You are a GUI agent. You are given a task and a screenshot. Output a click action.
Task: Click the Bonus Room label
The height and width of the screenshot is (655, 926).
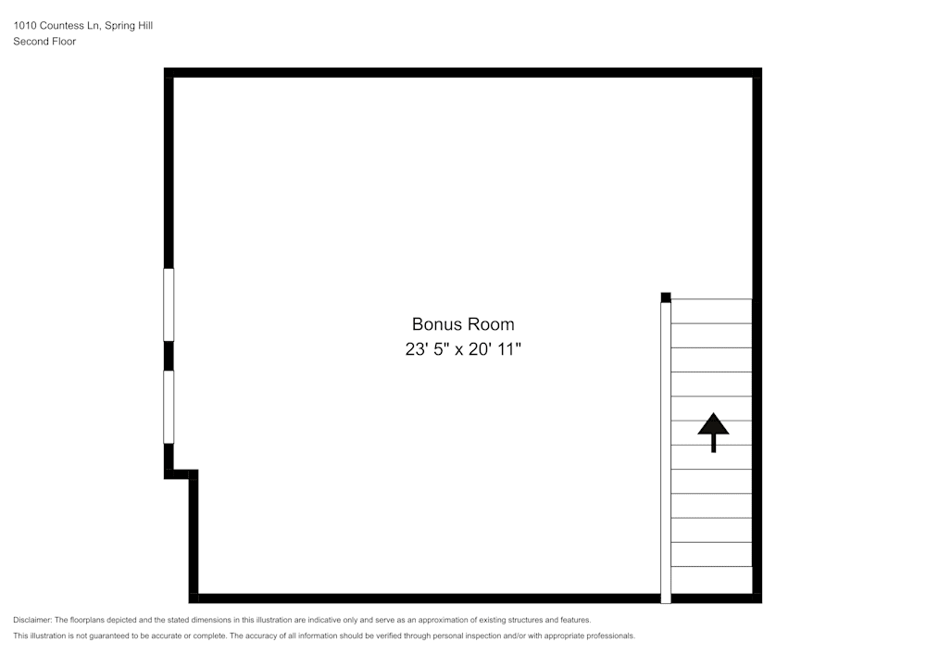463,324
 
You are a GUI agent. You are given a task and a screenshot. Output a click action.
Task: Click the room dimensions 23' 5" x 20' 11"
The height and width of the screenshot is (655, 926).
463,350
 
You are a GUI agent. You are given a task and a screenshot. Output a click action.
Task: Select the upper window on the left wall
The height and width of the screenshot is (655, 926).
169,304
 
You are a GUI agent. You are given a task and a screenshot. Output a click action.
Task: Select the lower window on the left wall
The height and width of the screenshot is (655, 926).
169,407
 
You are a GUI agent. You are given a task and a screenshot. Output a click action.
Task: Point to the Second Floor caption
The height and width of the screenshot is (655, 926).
44,42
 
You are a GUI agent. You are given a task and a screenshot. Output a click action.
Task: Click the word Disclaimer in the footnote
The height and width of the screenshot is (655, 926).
31,620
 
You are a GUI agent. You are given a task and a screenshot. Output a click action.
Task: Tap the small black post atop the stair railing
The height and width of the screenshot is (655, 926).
665,297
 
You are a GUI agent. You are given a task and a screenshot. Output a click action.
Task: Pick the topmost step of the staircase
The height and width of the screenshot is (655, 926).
711,311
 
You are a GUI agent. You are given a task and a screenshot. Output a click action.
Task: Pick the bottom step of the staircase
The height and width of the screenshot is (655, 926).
711,579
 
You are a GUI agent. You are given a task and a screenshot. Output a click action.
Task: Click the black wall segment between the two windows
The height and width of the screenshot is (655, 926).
169,356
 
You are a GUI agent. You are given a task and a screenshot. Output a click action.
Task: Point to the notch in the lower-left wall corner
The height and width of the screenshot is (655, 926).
181,474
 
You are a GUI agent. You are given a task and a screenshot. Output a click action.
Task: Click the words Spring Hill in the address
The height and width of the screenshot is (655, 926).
130,26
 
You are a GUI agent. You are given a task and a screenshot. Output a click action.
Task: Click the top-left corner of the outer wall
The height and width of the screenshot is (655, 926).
169,72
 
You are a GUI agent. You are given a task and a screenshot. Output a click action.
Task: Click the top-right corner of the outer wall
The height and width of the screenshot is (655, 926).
757,72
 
